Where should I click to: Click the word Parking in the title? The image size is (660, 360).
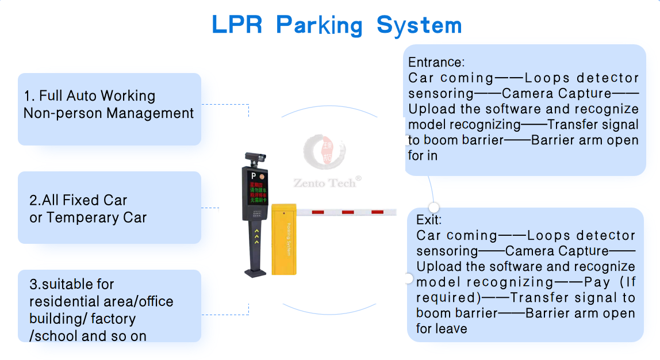point(319,25)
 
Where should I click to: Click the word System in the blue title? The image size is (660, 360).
point(419,25)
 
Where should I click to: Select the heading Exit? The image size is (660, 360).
point(429,220)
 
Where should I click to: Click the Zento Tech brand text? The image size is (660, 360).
point(327,183)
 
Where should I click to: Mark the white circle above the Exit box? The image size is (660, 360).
point(434,207)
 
